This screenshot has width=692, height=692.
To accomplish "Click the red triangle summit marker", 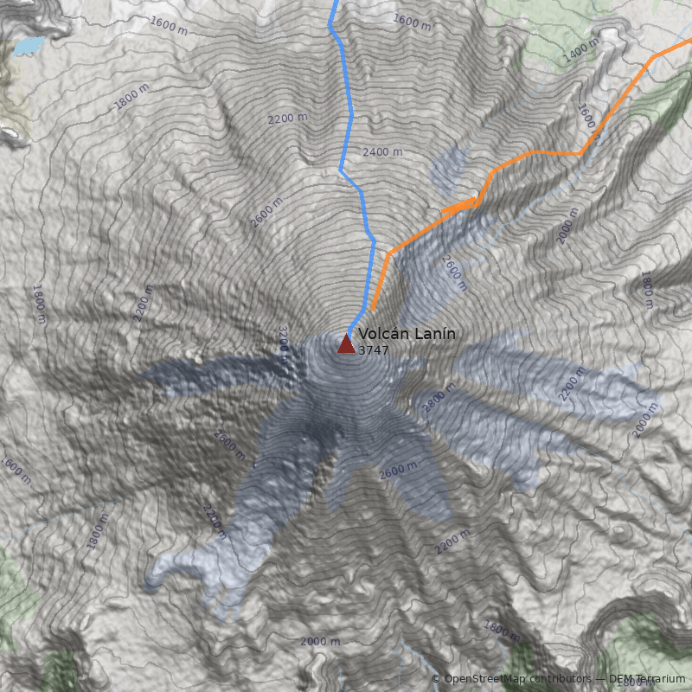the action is point(346,344).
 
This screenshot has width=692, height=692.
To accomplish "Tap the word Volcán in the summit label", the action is point(381,334).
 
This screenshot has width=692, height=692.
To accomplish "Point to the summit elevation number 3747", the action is point(373,350).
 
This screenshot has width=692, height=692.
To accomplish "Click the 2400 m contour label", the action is point(382,152).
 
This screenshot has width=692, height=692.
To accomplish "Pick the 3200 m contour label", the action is point(283,339).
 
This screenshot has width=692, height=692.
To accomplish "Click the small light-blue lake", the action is point(29,44).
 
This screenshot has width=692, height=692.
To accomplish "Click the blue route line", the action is point(350,121).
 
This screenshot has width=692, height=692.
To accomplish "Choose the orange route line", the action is point(536,153).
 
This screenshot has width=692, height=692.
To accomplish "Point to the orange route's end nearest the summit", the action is point(373,309).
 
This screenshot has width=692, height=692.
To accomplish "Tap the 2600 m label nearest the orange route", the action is point(454,272).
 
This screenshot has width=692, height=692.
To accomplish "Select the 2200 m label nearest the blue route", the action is point(288,118).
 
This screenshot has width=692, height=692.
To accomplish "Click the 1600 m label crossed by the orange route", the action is point(588,121).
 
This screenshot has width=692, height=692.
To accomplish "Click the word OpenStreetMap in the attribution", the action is point(484,679).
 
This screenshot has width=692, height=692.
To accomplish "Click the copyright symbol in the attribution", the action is point(436,679).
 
